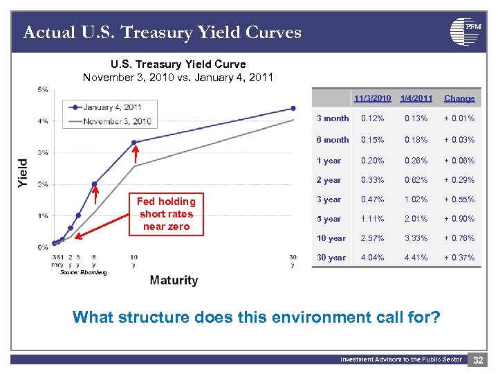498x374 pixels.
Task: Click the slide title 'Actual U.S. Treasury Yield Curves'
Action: click(x=162, y=33)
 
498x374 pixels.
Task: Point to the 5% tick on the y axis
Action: click(x=43, y=89)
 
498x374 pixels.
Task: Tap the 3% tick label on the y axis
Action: click(x=43, y=152)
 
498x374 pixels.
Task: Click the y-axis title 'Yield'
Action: click(x=23, y=172)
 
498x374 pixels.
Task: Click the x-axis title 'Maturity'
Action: click(x=174, y=280)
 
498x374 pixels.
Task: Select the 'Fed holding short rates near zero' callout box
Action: click(x=166, y=214)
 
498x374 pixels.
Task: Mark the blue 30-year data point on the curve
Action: click(x=293, y=108)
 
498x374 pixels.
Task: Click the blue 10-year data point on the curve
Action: click(x=134, y=143)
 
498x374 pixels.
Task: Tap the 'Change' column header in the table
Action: click(x=459, y=98)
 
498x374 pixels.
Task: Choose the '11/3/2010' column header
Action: click(x=373, y=98)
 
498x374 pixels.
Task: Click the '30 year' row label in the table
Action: click(x=331, y=258)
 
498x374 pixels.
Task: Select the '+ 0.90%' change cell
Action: click(x=459, y=219)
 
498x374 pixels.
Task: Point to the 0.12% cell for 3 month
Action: click(x=373, y=118)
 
